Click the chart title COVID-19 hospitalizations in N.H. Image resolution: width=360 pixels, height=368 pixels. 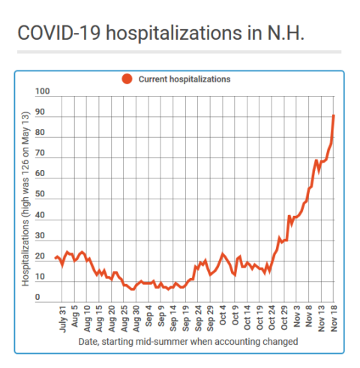[x=161, y=34]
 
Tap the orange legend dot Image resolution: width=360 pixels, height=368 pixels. [x=127, y=79]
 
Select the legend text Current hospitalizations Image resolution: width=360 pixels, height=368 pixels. [x=184, y=79]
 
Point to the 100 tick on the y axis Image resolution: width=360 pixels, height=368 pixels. [x=43, y=91]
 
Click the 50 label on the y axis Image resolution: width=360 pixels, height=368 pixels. [x=40, y=194]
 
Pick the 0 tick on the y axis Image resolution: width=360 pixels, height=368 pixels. [x=37, y=297]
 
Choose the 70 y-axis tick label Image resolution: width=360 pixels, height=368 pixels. [x=40, y=153]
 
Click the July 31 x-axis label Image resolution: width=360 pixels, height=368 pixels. [x=63, y=319]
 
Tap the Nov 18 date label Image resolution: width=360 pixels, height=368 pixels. [x=334, y=319]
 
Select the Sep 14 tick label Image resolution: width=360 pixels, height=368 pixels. [x=173, y=319]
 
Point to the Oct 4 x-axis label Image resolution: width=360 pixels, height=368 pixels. [x=223, y=316]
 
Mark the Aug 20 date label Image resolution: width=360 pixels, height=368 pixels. [x=112, y=319]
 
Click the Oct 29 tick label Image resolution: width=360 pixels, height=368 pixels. [x=284, y=318]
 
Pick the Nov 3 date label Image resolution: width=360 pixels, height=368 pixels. [x=297, y=316]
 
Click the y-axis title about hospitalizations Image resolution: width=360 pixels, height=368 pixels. [x=25, y=199]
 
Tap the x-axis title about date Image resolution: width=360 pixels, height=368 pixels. [x=188, y=342]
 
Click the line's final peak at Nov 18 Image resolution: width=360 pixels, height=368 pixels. [x=334, y=115]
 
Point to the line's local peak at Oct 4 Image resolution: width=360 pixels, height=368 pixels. [x=223, y=254]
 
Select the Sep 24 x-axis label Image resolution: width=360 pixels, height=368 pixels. [x=198, y=319]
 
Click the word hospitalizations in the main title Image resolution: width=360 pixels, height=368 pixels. [x=174, y=34]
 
